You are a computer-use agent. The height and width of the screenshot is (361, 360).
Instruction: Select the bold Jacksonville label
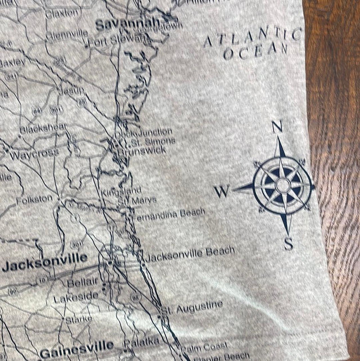click(x=44, y=262)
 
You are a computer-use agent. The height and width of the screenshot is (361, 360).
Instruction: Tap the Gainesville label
click(x=76, y=345)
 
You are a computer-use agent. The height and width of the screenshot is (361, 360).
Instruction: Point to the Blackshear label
click(x=43, y=128)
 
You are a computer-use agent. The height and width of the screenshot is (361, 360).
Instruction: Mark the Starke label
click(x=79, y=319)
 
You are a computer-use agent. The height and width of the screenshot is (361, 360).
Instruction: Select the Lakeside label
click(x=76, y=297)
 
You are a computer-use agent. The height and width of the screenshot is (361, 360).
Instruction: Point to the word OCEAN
click(x=256, y=52)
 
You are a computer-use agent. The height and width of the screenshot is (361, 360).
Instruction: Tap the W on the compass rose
click(x=222, y=192)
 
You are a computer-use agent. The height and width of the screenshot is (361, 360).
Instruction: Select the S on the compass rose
click(x=289, y=244)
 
